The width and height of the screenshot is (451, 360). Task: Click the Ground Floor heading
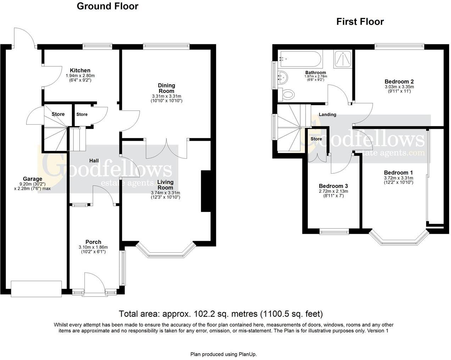[x=107, y=6]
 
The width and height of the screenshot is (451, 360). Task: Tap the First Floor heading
[x=360, y=22]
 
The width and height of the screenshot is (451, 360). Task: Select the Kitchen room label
[x=80, y=71]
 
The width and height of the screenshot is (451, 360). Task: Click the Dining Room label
[x=166, y=88]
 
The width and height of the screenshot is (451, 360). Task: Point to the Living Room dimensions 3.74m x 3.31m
[x=165, y=193]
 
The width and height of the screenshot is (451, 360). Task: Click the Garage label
[x=33, y=179]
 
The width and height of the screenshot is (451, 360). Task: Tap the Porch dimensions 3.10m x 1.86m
[x=93, y=247]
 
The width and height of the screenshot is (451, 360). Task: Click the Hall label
[x=94, y=161]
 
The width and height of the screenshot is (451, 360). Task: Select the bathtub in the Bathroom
[x=300, y=59]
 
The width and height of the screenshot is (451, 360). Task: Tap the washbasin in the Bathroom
[x=283, y=78]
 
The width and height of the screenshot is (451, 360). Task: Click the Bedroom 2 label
[x=399, y=81]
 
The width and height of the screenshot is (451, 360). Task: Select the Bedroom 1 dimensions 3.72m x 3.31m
[x=399, y=178]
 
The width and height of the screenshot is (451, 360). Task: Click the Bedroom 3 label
[x=333, y=186]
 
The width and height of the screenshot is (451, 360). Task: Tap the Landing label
[x=327, y=114]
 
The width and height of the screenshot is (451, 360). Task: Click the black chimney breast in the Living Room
[x=206, y=191]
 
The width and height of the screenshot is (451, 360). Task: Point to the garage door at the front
[x=36, y=289]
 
